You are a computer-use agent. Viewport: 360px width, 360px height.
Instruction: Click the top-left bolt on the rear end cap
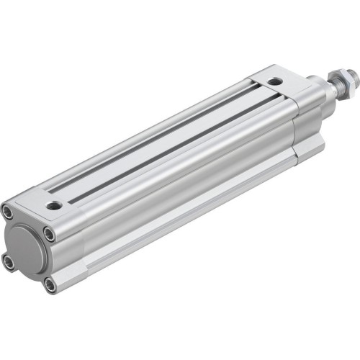pos(8,211)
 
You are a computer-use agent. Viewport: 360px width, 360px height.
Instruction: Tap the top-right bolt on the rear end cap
pos(49,233)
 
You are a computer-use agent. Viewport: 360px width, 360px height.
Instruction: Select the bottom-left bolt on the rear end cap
pos(9,262)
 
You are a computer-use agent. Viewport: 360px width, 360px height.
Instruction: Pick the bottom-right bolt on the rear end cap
pos(50,285)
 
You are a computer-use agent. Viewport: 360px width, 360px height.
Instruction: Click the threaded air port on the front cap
pos(274,82)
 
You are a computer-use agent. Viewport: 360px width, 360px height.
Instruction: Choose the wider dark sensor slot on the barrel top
pos(166,145)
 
